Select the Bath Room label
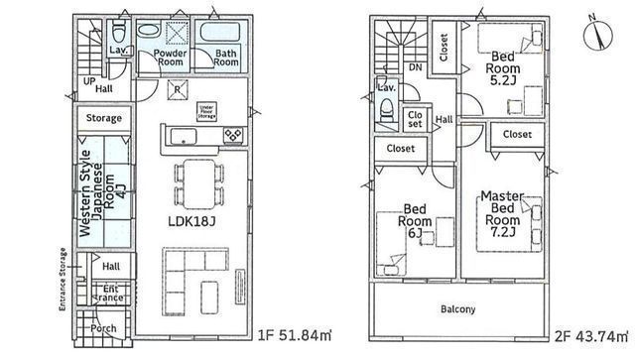225,57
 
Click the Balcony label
459,309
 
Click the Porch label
103,328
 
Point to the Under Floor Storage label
207,110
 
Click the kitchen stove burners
233,135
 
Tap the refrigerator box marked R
176,88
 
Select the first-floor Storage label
104,119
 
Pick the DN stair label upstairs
414,67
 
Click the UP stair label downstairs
88,81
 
